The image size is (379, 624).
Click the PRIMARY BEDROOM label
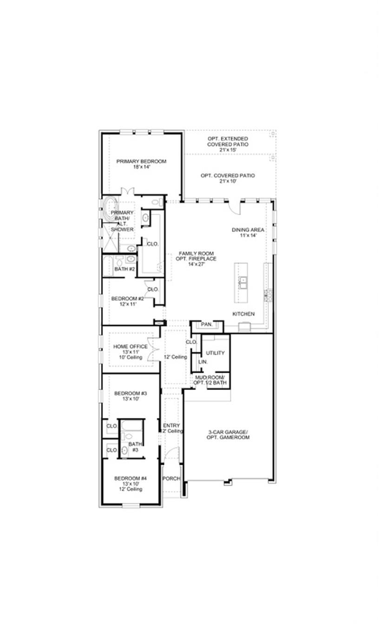pos(141,161)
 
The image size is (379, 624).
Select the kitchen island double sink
pos(243,283)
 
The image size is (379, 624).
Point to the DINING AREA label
pos(248,230)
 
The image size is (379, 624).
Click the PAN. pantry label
pos(206,325)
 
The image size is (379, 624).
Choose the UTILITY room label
pos(216,353)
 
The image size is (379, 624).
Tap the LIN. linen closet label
pos(203,361)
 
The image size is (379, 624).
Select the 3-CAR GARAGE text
pos(228,432)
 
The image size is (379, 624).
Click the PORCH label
pos(170,479)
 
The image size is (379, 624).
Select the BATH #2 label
pos(124,269)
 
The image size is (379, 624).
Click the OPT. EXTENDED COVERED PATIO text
pos(228,142)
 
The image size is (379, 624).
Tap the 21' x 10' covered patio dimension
pos(228,182)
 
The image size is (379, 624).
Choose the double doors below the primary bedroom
pos(127,192)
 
